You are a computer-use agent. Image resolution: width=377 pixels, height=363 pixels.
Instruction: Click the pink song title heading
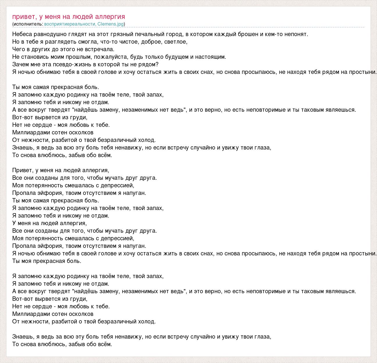pyautogui.click(x=69, y=17)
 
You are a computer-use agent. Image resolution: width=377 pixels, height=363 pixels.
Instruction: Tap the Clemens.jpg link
pyautogui.click(x=111, y=24)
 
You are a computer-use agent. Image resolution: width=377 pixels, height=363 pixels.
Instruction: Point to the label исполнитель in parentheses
pyautogui.click(x=28, y=24)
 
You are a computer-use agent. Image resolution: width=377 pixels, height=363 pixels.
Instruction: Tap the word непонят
pyautogui.click(x=297, y=34)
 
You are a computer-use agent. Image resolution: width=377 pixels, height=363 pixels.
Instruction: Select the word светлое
pyautogui.click(x=177, y=42)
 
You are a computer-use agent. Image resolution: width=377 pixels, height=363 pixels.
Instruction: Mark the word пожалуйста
pyautogui.click(x=113, y=57)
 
